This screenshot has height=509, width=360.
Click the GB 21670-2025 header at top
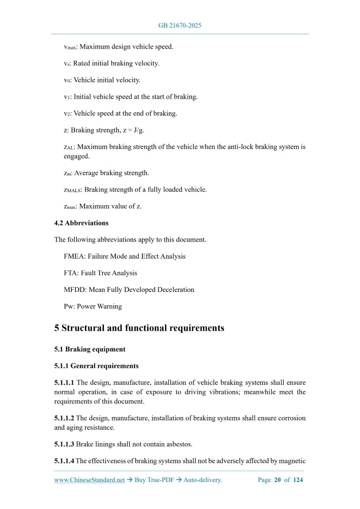[x=180, y=25]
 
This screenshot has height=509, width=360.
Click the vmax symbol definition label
[x=70, y=47]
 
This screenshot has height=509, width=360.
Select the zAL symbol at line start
[x=69, y=148]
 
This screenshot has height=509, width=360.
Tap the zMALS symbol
[x=73, y=190]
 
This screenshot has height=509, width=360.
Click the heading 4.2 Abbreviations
[x=82, y=223]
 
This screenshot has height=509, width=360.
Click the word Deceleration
[x=174, y=290]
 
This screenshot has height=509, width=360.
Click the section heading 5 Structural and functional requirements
[x=139, y=328]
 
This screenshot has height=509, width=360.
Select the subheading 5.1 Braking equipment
[x=90, y=349]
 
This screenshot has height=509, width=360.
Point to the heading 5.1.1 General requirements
[x=96, y=366]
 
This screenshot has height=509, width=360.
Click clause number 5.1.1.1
[x=64, y=383]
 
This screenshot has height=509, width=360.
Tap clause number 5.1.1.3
[x=64, y=444]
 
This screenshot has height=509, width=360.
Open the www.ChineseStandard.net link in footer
[x=90, y=480]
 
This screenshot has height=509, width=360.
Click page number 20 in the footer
[x=277, y=480]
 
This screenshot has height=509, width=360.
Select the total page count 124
[x=298, y=480]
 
